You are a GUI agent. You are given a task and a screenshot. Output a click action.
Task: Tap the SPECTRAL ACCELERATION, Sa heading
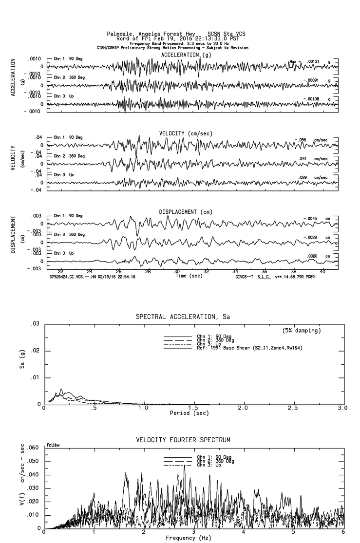[182, 317]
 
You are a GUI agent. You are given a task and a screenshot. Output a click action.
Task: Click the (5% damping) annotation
[302, 331]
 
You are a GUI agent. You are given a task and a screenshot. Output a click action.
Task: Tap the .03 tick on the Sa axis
[35, 324]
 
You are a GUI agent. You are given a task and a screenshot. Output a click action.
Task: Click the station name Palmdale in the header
[119, 34]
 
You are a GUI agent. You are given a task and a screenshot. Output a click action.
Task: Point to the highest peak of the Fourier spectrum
[185, 466]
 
